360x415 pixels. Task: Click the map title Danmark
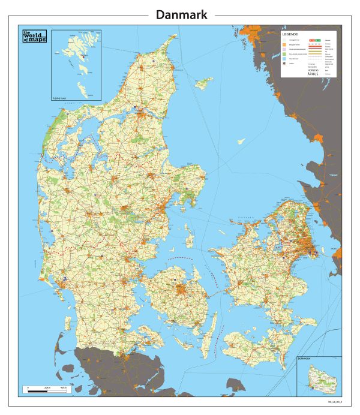(x=181, y=14)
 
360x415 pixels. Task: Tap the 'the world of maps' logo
(x=34, y=36)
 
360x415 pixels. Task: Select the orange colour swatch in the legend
(x=285, y=45)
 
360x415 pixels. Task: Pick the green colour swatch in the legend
(x=285, y=55)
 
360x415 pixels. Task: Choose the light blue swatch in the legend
(x=285, y=59)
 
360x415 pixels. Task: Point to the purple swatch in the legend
(x=285, y=50)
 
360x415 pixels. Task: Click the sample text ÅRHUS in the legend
(x=313, y=74)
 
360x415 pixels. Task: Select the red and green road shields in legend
(x=314, y=40)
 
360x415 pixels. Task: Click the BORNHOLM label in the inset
(x=305, y=360)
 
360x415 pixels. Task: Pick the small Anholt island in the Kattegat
(x=241, y=142)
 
